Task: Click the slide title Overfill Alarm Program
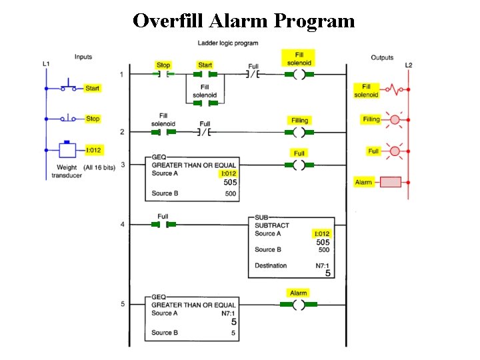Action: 243,21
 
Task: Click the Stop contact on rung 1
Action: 163,75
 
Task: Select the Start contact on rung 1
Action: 205,75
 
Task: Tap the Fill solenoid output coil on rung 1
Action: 299,75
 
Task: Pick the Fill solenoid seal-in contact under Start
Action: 205,103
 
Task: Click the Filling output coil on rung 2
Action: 299,132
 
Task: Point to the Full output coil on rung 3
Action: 299,164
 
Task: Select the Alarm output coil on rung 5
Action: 298,305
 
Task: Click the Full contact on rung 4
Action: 163,225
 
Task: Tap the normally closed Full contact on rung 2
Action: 205,132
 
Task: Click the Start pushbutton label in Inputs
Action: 93,88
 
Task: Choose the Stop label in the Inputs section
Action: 93,119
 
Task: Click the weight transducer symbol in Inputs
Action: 67,149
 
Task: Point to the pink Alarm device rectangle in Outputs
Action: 390,182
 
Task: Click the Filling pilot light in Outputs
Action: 394,120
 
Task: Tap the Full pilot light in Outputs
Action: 394,151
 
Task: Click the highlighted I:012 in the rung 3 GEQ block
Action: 228,173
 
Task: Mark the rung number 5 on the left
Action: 122,304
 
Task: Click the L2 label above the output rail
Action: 409,65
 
